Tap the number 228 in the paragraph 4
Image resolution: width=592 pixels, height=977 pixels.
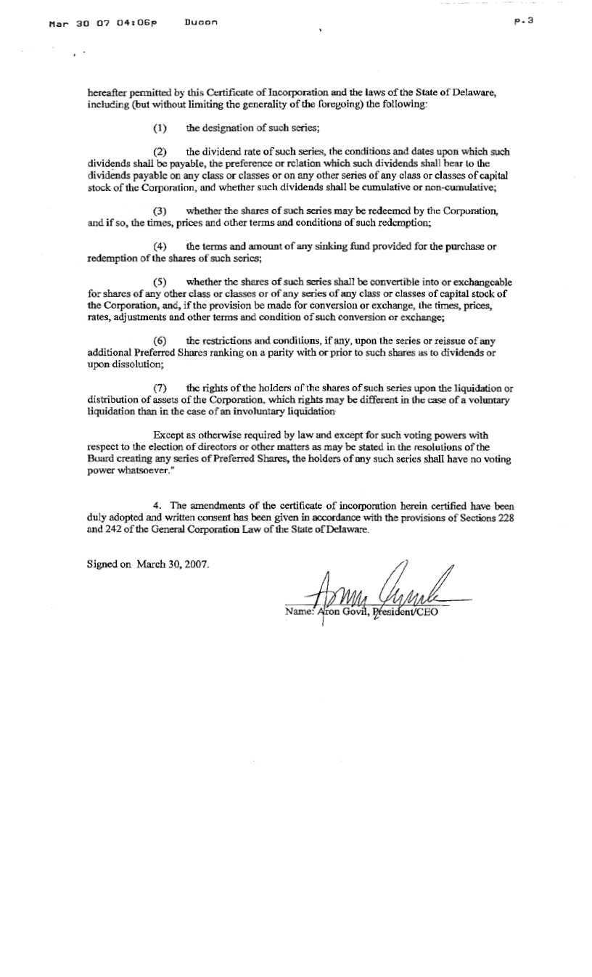pyautogui.click(x=503, y=519)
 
